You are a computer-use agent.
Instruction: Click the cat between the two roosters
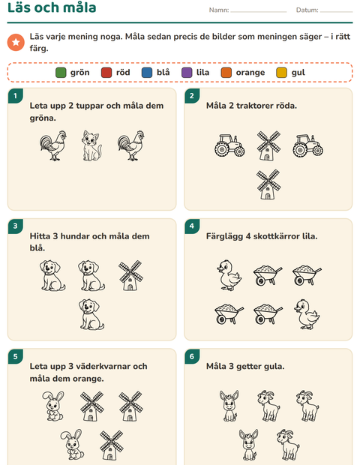pyautogui.click(x=91, y=145)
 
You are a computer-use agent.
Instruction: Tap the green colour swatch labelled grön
pyautogui.click(x=61, y=73)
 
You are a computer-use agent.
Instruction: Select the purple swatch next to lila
pyautogui.click(x=187, y=73)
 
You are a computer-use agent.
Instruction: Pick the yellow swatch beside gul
pyautogui.click(x=282, y=73)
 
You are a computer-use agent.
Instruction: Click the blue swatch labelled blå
pyautogui.click(x=147, y=73)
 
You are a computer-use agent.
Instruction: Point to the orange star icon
pyautogui.click(x=16, y=43)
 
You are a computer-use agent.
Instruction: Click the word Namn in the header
pyautogui.click(x=219, y=10)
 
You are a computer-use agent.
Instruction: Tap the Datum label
pyautogui.click(x=307, y=10)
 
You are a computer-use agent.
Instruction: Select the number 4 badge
pyautogui.click(x=192, y=226)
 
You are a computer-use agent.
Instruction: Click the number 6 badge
pyautogui.click(x=192, y=356)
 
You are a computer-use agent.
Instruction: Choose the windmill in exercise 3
pyautogui.click(x=130, y=275)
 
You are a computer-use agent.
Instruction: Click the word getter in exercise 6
pyautogui.click(x=249, y=367)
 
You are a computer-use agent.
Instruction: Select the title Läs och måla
pyautogui.click(x=52, y=7)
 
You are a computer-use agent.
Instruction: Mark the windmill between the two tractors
pyautogui.click(x=268, y=145)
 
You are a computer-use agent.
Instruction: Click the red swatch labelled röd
pyautogui.click(x=106, y=73)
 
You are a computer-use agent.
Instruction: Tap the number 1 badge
pyautogui.click(x=16, y=96)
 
